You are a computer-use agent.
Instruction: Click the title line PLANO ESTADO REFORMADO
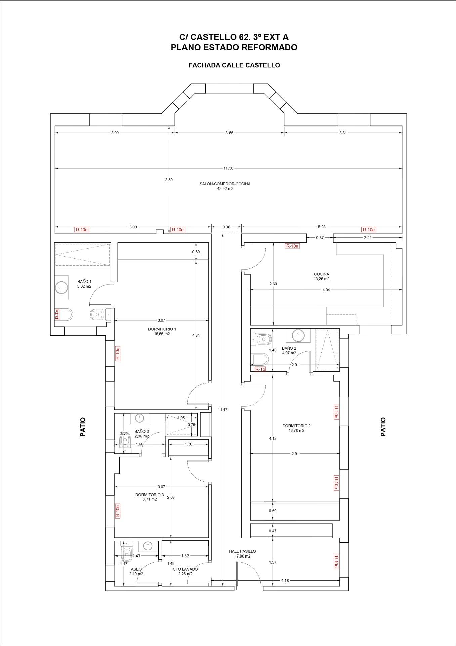click(x=234, y=47)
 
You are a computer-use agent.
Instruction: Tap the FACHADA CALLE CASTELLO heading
click(x=234, y=65)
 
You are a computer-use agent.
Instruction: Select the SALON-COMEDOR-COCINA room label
click(x=225, y=184)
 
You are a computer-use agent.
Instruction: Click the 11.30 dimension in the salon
click(x=228, y=168)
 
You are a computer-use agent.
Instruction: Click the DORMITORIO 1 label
click(x=162, y=329)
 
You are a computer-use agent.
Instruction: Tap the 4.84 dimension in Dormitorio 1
click(x=196, y=335)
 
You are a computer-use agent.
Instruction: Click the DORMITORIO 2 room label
click(x=297, y=426)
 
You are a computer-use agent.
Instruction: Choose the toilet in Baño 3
click(x=124, y=443)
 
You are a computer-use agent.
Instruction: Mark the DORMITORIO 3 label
click(x=150, y=495)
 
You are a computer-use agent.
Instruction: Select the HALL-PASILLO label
click(x=242, y=551)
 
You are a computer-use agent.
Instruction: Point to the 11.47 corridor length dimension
click(x=222, y=410)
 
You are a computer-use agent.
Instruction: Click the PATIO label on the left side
click(x=83, y=427)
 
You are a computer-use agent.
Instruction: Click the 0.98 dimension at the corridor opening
click(x=226, y=227)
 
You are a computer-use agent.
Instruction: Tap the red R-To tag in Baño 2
click(x=260, y=369)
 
